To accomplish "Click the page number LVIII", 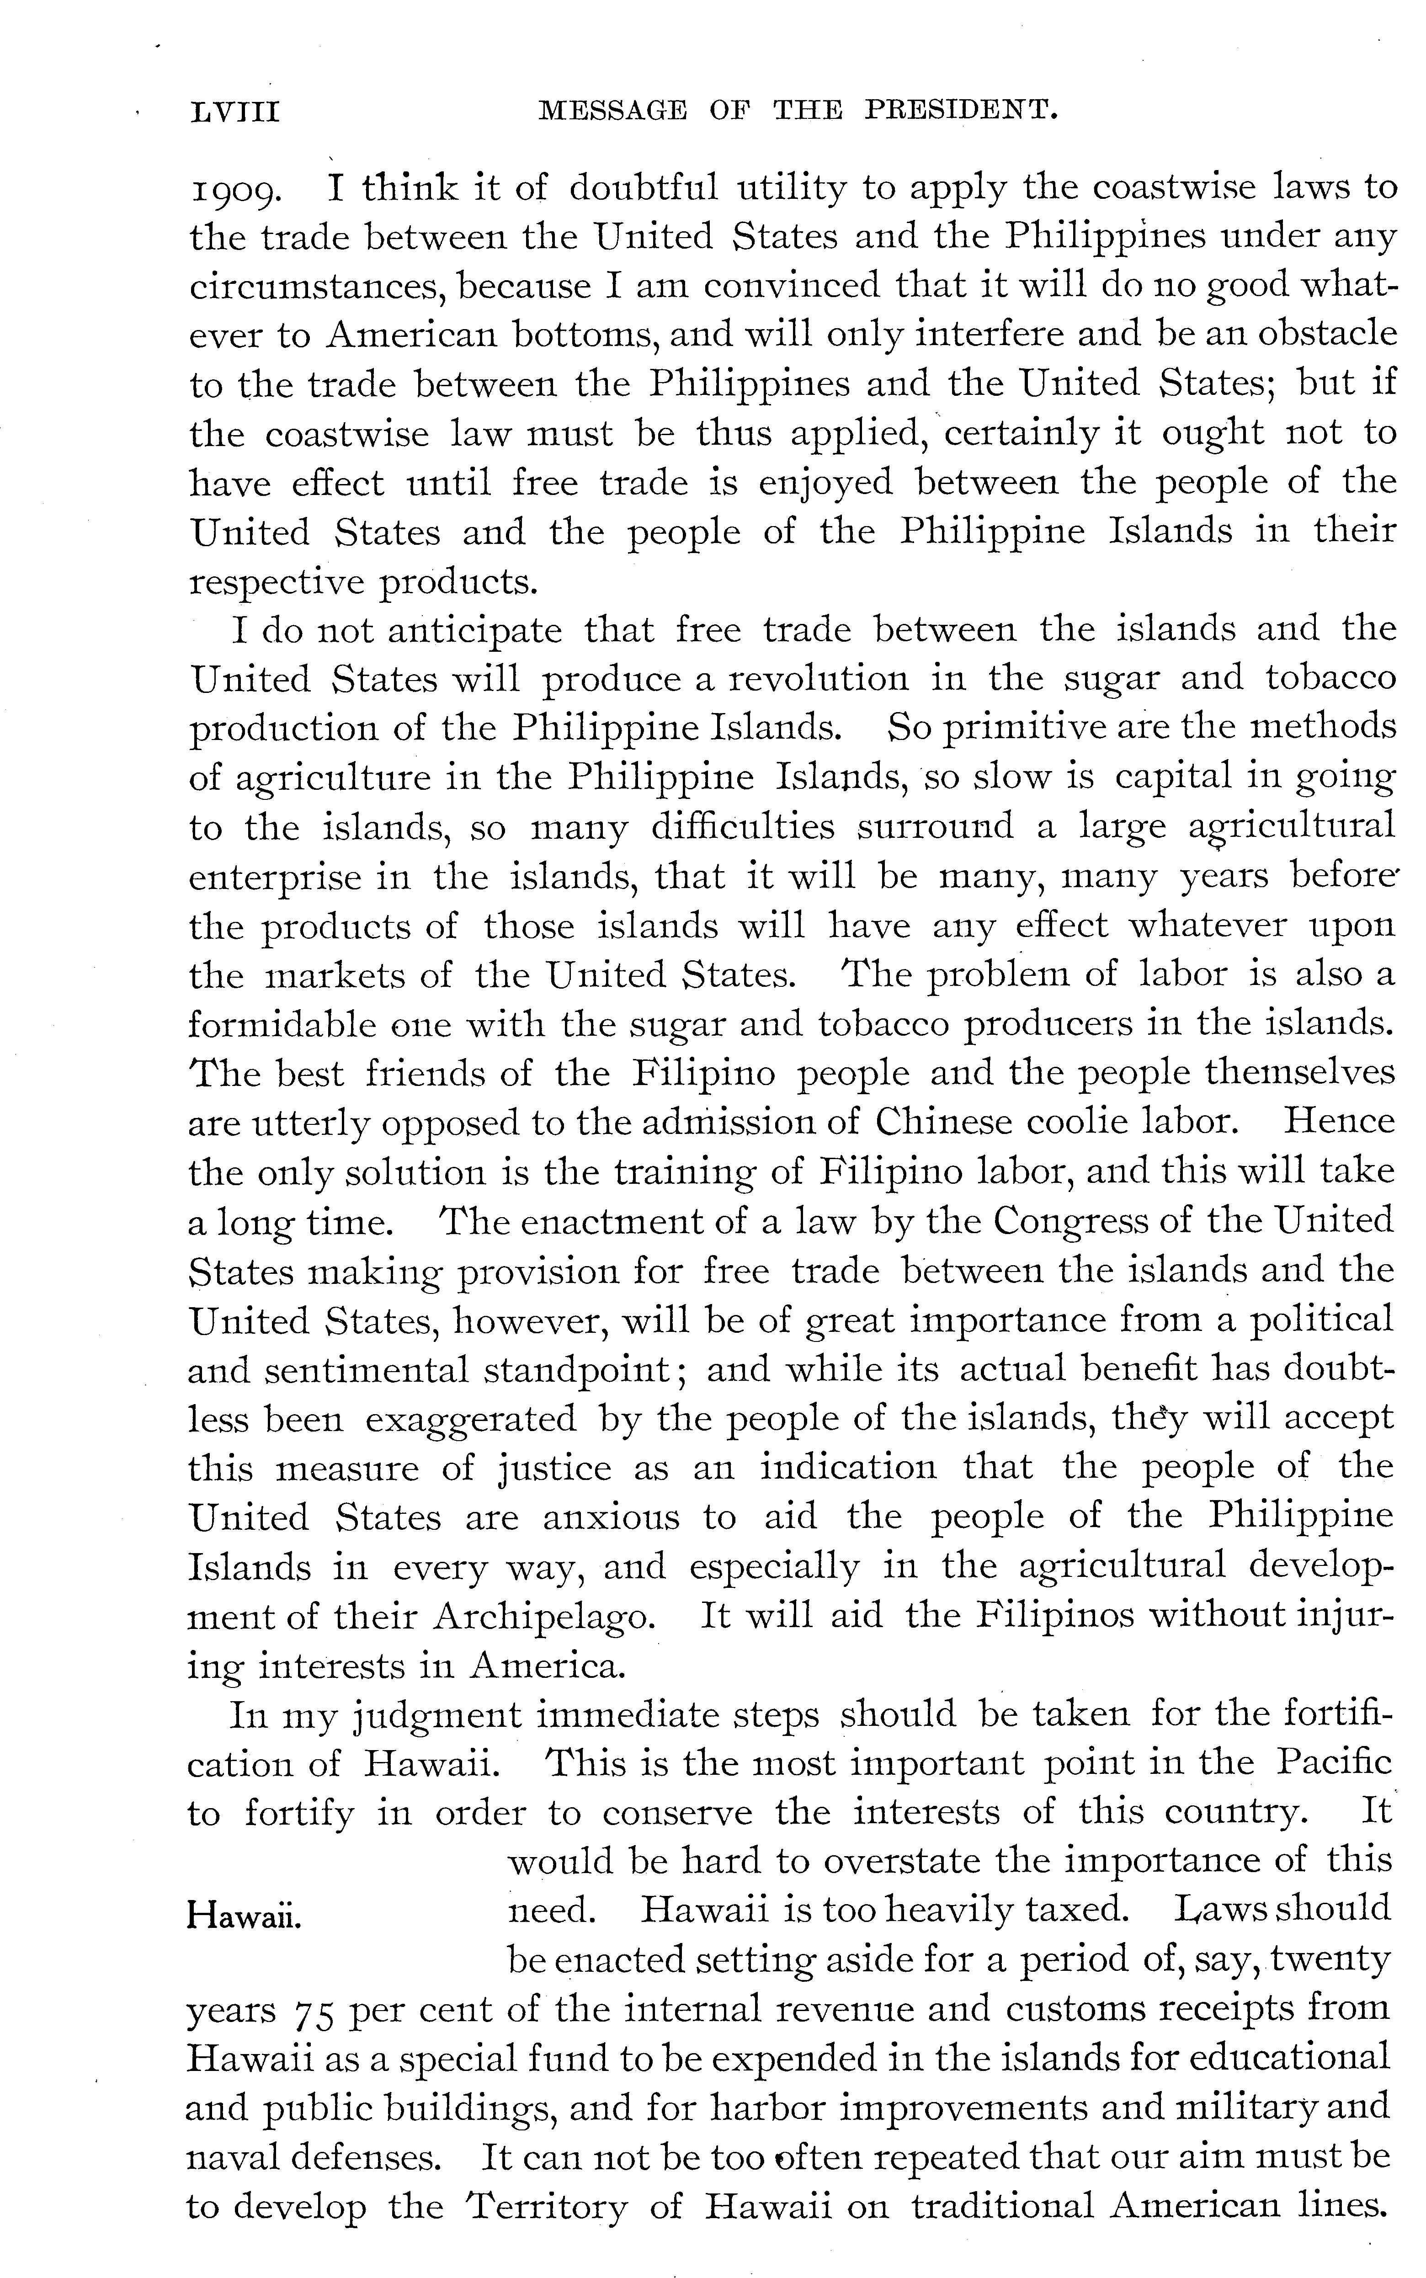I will point(236,113).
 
